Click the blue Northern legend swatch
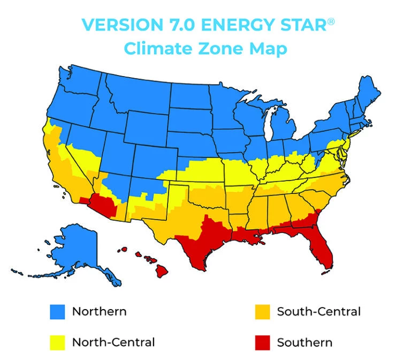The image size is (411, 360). click(x=57, y=312)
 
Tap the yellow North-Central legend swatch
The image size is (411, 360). click(x=57, y=342)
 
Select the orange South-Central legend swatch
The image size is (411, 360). click(x=262, y=312)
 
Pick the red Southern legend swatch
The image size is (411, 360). click(x=262, y=342)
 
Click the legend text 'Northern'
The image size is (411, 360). click(x=100, y=311)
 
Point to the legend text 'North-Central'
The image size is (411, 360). click(x=113, y=342)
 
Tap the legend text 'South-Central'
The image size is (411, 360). click(x=318, y=311)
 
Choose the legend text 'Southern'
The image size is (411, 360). click(x=305, y=342)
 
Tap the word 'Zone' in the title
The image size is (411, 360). click(x=211, y=49)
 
